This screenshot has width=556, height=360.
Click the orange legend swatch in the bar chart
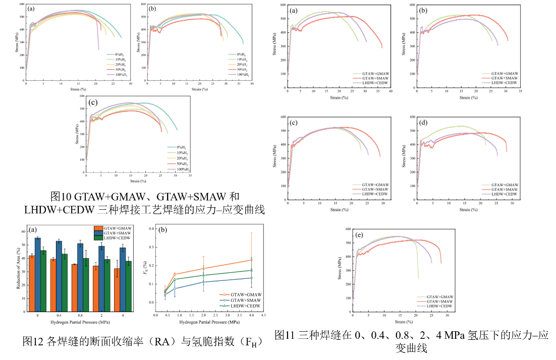click(98, 228)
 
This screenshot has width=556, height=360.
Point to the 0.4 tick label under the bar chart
click(59, 315)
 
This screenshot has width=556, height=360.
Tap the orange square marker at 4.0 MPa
click(251, 260)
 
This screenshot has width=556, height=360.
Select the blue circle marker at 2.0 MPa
click(203, 282)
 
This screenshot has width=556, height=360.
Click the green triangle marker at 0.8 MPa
click(175, 279)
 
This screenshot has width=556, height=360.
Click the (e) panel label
click(359, 235)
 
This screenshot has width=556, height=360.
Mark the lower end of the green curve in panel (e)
click(418, 278)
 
